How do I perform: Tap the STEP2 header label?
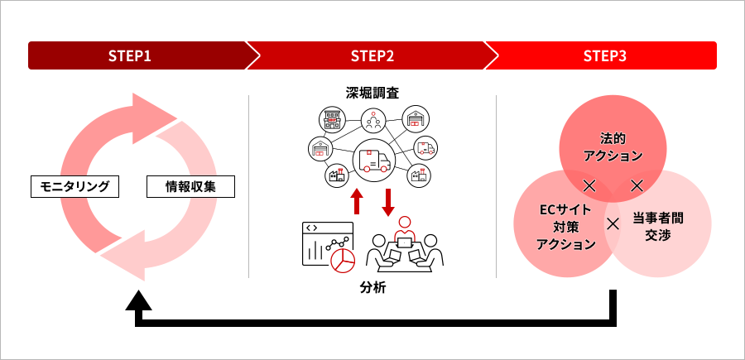pos(372,56)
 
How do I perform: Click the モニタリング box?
pos(74,186)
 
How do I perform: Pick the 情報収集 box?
pos(190,186)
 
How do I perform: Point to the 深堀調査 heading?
pos(372,91)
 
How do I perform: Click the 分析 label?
pos(372,289)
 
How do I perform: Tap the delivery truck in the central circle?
pos(373,158)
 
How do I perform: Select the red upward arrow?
pos(358,201)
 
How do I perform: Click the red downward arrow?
pos(388,201)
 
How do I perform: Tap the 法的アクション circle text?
pos(613,146)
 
